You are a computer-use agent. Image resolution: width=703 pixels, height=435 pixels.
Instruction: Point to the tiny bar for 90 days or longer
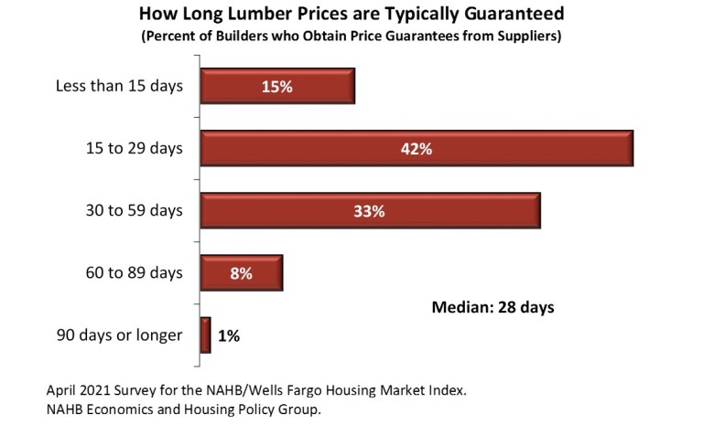click(206, 334)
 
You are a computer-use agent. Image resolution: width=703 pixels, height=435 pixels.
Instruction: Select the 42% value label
click(416, 149)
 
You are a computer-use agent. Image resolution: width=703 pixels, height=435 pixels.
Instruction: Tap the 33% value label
click(370, 211)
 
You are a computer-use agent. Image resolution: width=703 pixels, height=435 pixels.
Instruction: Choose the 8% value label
click(242, 272)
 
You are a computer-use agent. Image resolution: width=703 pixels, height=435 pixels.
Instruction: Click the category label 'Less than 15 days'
click(119, 87)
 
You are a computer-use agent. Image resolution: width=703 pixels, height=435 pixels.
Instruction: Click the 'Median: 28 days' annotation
click(492, 307)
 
